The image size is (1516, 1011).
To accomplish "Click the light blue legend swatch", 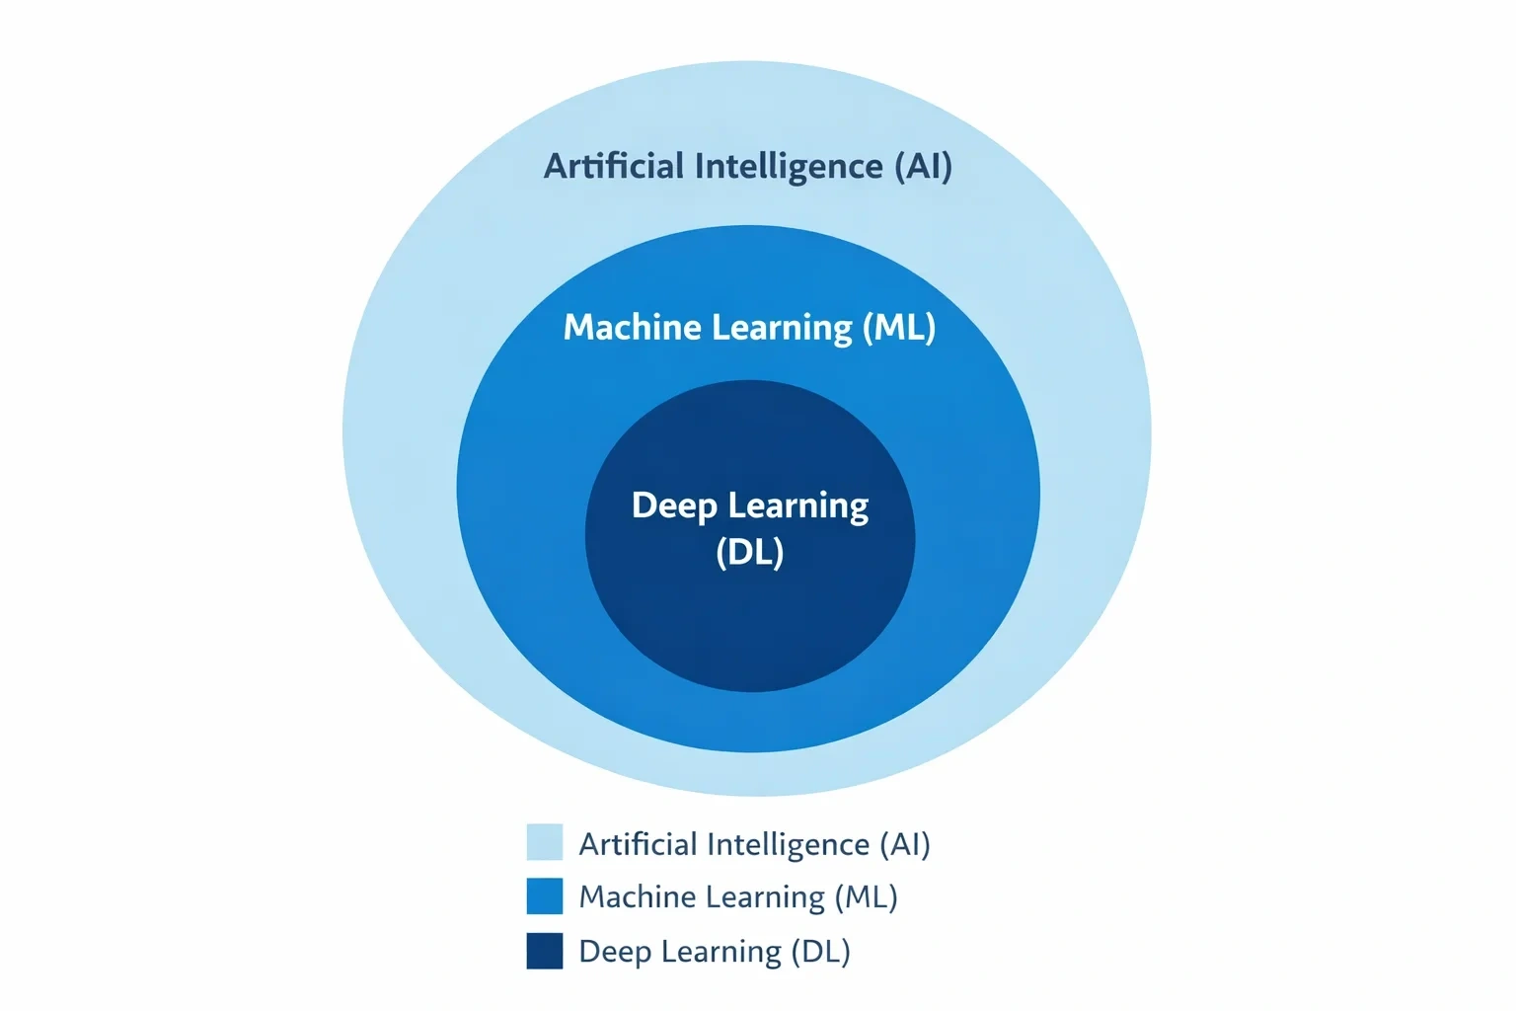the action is pyautogui.click(x=545, y=842).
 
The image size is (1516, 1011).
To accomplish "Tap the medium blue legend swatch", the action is pyautogui.click(x=545, y=895).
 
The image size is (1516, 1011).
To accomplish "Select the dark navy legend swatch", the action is pyautogui.click(x=545, y=951).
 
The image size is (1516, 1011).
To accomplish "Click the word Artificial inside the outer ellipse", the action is pyautogui.click(x=614, y=166).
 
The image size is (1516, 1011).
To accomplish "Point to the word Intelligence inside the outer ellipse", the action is pyautogui.click(x=790, y=167).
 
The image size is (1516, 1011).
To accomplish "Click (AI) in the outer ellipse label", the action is pyautogui.click(x=923, y=167).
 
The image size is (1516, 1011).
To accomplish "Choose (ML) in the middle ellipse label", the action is pyautogui.click(x=899, y=328).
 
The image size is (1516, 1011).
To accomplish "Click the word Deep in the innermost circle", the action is pyautogui.click(x=674, y=506).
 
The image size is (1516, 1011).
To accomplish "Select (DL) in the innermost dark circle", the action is pyautogui.click(x=750, y=552).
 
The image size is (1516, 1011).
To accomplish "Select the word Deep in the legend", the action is pyautogui.click(x=613, y=952).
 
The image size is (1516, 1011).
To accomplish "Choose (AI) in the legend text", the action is pyautogui.click(x=905, y=845).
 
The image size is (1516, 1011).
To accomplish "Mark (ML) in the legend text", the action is pyautogui.click(x=866, y=897).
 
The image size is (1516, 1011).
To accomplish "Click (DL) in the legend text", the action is pyautogui.click(x=820, y=952).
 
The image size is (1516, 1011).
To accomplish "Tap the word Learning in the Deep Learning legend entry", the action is pyautogui.click(x=720, y=953).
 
